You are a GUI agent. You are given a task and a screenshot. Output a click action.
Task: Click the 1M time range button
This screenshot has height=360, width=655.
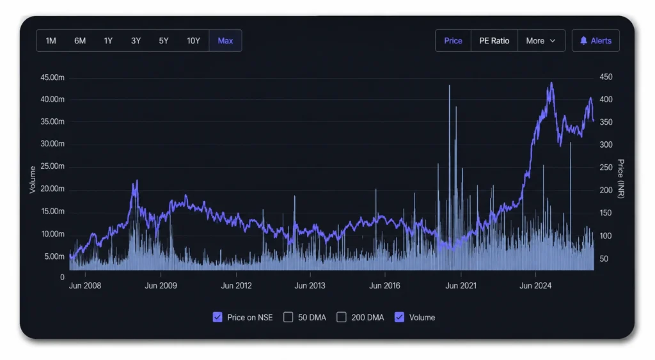(51, 40)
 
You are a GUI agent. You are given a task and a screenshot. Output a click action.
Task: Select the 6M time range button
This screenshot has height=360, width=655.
(80, 40)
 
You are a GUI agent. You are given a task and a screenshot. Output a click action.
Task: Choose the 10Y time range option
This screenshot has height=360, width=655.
(193, 40)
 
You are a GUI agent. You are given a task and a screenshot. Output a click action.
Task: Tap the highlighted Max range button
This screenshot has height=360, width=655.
(225, 40)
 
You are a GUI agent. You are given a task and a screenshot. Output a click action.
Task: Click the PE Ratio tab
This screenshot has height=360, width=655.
(494, 40)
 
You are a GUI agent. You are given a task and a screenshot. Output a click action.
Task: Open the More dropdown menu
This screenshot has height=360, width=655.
(541, 40)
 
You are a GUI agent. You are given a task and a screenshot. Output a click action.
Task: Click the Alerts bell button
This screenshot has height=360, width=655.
(596, 40)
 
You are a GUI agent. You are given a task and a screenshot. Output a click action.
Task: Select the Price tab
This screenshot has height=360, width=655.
(454, 40)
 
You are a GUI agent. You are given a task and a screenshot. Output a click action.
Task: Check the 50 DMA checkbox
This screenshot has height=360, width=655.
(288, 317)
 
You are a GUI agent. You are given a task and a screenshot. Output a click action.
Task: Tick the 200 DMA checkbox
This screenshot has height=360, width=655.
(342, 317)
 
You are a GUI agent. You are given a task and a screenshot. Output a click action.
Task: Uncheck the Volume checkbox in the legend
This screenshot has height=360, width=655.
(399, 317)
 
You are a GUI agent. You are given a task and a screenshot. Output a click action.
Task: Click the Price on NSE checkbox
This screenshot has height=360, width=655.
(217, 317)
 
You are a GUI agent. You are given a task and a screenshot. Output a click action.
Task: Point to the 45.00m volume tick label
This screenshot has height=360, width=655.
(52, 77)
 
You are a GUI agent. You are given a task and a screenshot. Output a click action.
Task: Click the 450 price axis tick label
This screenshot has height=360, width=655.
(606, 77)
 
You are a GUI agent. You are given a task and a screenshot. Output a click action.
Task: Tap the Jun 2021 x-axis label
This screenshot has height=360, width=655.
(461, 286)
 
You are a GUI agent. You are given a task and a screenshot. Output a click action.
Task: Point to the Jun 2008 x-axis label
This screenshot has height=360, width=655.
(85, 286)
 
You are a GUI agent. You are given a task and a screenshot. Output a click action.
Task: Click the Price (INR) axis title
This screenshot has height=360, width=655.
(620, 179)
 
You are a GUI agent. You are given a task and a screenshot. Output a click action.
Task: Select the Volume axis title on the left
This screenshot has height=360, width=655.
(32, 180)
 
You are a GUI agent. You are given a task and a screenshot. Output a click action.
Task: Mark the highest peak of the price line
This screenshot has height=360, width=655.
(552, 82)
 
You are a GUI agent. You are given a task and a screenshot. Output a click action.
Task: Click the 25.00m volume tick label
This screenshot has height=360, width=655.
(52, 166)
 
